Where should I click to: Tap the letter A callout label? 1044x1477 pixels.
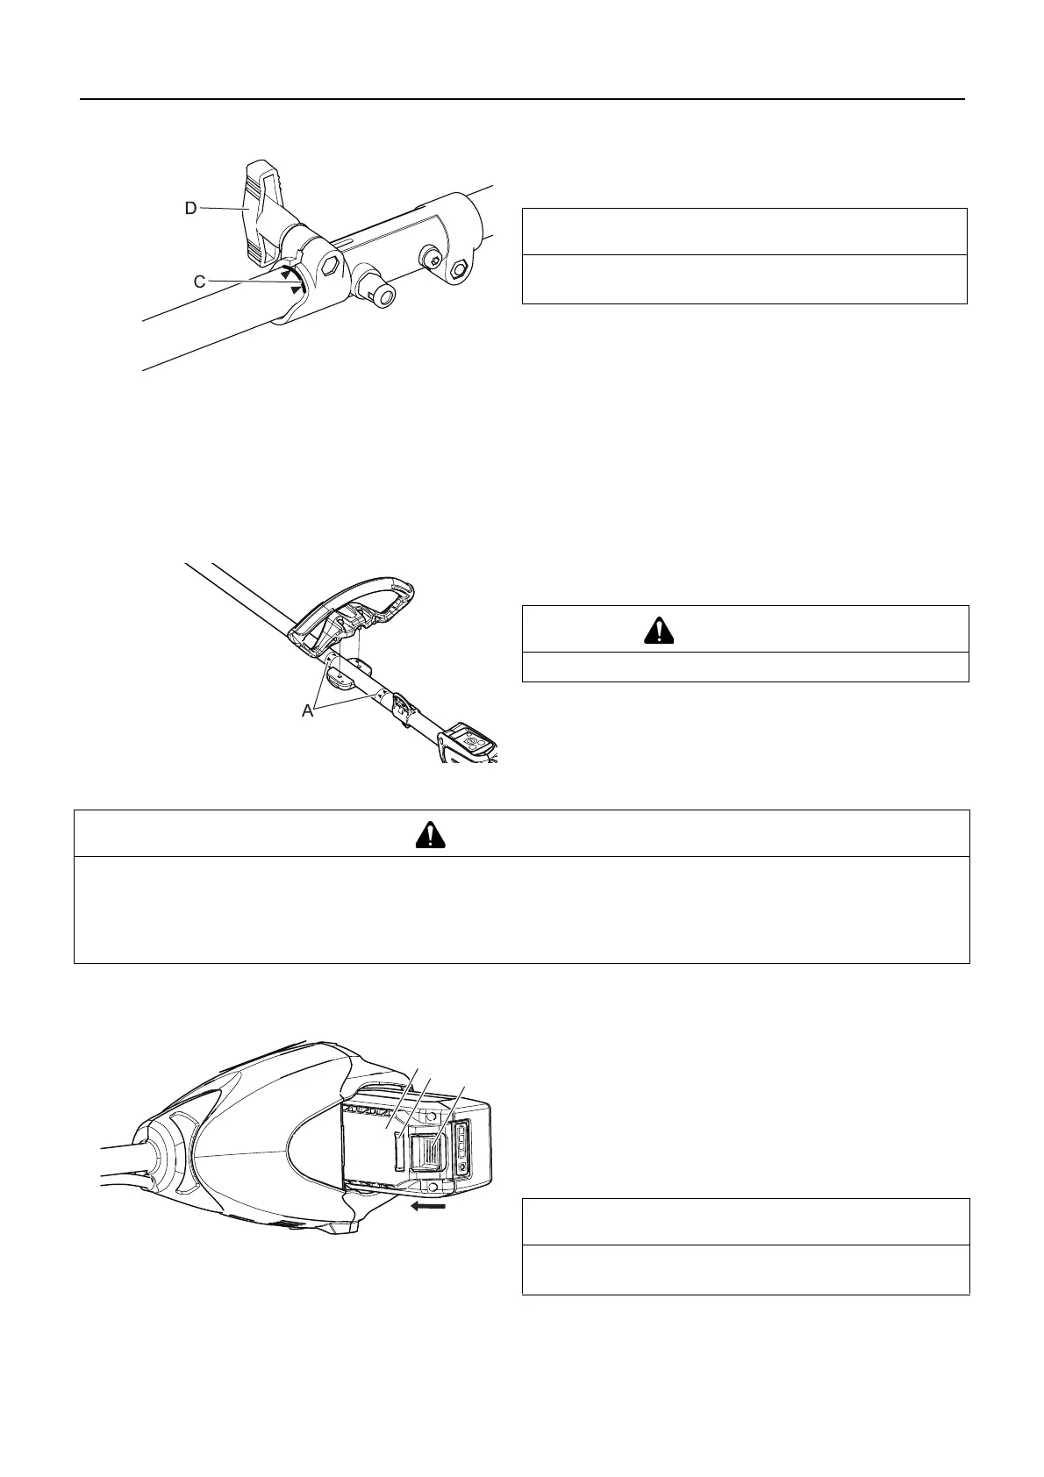tap(307, 712)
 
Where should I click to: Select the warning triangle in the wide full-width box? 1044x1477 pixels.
tap(430, 834)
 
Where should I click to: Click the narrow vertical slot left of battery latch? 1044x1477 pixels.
tap(400, 1151)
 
